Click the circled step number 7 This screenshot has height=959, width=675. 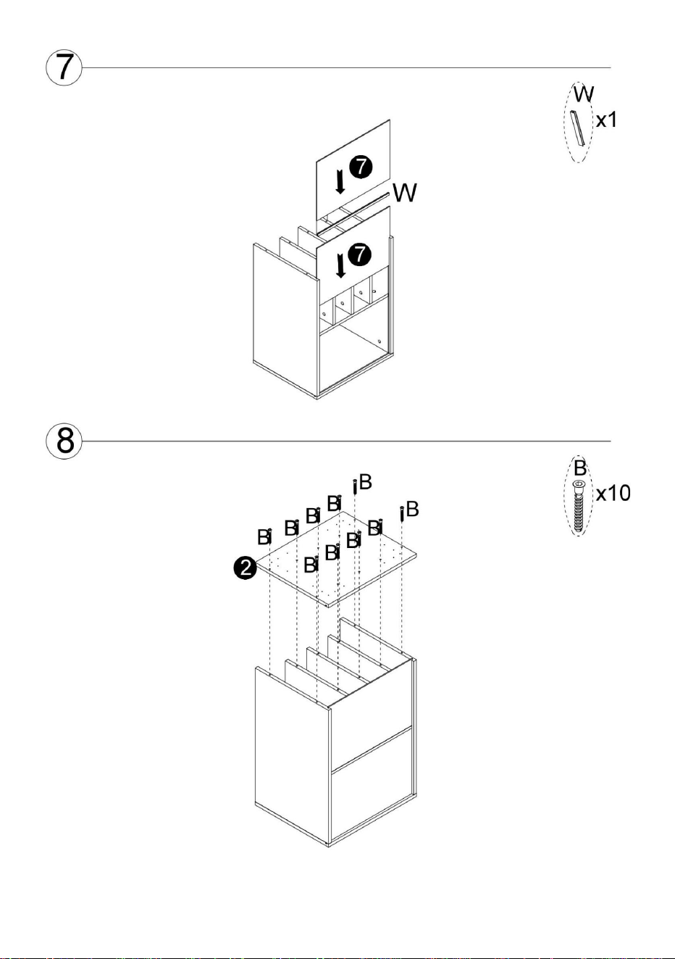pyautogui.click(x=64, y=67)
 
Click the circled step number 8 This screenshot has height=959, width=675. pyautogui.click(x=64, y=441)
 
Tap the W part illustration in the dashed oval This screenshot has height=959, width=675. pyautogui.click(x=577, y=128)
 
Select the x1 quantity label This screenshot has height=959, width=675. pyautogui.click(x=607, y=120)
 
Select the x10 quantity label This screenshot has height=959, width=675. pyautogui.click(x=613, y=493)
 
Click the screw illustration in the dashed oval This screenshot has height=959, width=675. pyautogui.click(x=578, y=507)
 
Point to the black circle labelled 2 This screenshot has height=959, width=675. pyautogui.click(x=245, y=568)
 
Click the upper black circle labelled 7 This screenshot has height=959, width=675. pyautogui.click(x=361, y=167)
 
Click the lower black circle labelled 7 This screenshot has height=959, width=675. pyautogui.click(x=360, y=254)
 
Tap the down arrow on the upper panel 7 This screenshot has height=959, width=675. pyautogui.click(x=340, y=181)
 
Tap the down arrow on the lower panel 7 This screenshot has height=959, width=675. pyautogui.click(x=340, y=265)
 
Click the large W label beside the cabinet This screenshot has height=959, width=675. pyautogui.click(x=405, y=193)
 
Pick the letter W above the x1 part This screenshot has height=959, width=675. pyautogui.click(x=584, y=94)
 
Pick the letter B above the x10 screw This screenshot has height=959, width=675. pyautogui.click(x=579, y=468)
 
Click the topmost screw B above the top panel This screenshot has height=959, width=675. pyautogui.click(x=355, y=487)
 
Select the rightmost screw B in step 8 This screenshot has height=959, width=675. pyautogui.click(x=402, y=514)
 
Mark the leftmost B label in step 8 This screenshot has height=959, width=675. pyautogui.click(x=264, y=537)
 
